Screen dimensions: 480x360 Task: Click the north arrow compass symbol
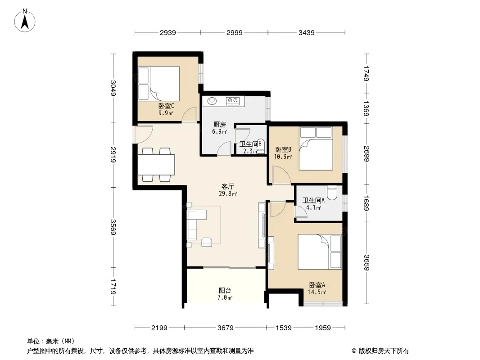[25, 21]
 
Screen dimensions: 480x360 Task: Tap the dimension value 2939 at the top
[168, 32]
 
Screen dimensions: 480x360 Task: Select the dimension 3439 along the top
[307, 32]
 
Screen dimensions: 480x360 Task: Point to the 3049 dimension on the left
[113, 88]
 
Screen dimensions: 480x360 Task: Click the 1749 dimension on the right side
[367, 73]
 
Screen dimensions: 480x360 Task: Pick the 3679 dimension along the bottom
[225, 328]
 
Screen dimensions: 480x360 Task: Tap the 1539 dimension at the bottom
[284, 328]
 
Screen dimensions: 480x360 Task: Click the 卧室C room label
[166, 106]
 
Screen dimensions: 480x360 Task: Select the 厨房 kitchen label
[219, 125]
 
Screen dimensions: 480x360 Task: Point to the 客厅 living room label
[228, 186]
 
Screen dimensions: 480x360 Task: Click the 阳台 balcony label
[225, 290]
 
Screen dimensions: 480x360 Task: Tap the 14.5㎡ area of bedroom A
[317, 292]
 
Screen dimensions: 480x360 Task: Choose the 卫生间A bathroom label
[313, 200]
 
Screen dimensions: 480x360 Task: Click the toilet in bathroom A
[332, 192]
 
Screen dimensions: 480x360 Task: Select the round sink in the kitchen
[211, 100]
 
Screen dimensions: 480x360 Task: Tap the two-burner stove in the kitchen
[233, 101]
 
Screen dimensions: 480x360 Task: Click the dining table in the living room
[156, 165]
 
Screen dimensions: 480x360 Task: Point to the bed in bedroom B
[316, 148]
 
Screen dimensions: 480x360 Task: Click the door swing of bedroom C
[190, 115]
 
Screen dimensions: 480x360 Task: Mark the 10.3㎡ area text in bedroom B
[283, 157]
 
